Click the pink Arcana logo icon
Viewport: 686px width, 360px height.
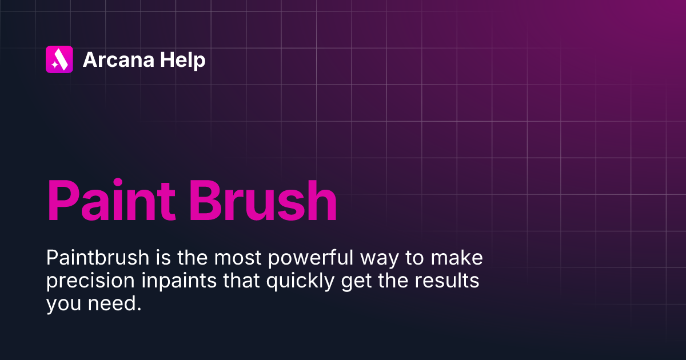coord(59,59)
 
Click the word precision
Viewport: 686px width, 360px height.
coord(86,282)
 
